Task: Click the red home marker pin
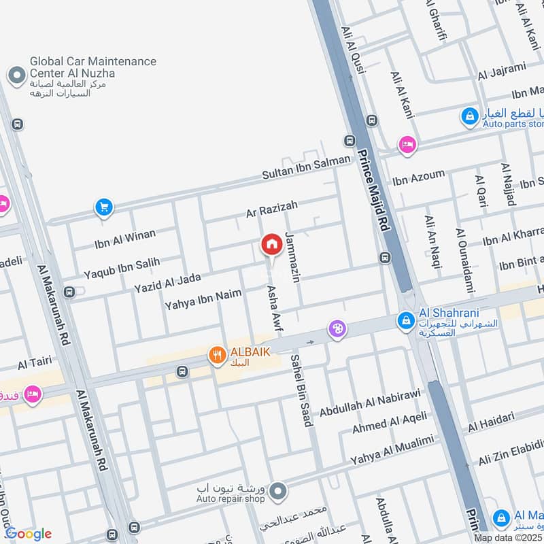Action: click(272, 244)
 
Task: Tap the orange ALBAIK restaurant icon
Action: click(218, 354)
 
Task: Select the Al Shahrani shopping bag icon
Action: click(406, 319)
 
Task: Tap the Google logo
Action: click(28, 533)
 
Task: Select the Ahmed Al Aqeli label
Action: click(390, 422)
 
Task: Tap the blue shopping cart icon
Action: click(103, 207)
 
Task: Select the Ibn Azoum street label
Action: click(418, 179)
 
